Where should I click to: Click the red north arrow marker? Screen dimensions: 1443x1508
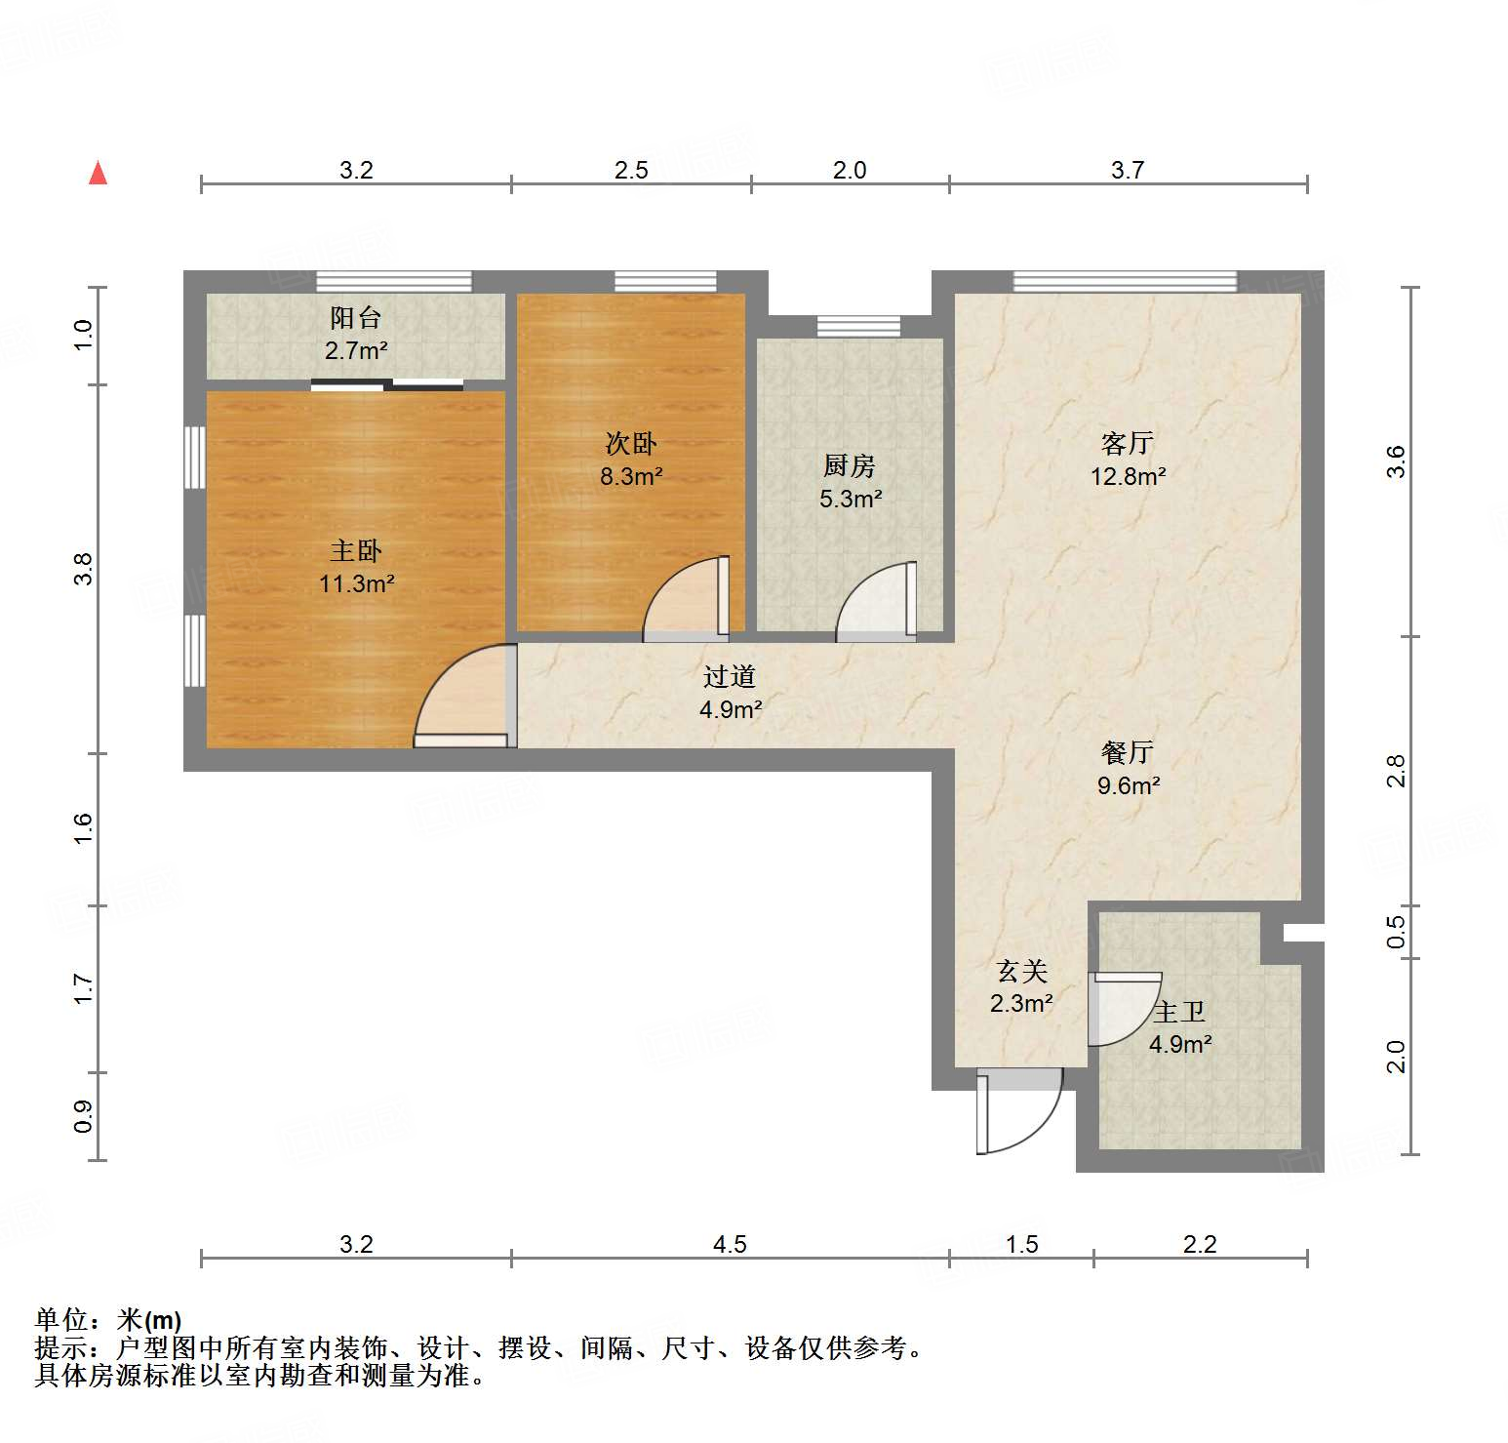coord(98,173)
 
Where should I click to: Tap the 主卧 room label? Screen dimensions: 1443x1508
coord(356,551)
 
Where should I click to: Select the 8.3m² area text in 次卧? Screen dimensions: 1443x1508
coord(631,477)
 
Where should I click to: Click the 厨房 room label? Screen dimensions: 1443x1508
coord(849,465)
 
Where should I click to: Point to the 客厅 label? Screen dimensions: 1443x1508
coord(1127,444)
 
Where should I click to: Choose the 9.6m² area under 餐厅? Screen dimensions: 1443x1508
coord(1128,785)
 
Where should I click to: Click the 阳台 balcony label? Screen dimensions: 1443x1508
coord(355,317)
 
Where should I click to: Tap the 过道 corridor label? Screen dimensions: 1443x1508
coord(730,676)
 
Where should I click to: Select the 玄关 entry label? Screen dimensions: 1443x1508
coord(1021,971)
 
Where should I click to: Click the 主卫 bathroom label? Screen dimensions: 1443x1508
coord(1179,1012)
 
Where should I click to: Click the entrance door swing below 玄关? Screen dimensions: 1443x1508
coord(1019,1112)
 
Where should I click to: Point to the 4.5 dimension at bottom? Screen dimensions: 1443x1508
coord(730,1244)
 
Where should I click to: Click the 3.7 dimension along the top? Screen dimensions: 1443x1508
coord(1127,170)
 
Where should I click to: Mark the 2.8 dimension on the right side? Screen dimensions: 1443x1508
coord(1397,771)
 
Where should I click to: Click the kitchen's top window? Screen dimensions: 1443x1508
coord(858,326)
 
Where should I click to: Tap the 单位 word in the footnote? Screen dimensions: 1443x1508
coord(61,1320)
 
